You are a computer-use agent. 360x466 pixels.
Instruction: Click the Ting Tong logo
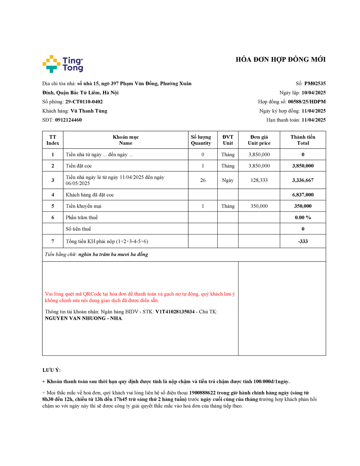pyautogui.click(x=63, y=64)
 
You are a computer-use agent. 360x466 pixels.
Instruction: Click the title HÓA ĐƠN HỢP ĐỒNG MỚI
pyautogui.click(x=280, y=60)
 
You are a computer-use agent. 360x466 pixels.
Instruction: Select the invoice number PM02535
pyautogui.click(x=315, y=84)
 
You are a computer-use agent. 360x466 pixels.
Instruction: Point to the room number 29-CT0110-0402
pyautogui.click(x=84, y=102)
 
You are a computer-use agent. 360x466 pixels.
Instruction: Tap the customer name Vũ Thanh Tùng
pyautogui.click(x=89, y=111)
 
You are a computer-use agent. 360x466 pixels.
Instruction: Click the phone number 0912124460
pyautogui.click(x=68, y=120)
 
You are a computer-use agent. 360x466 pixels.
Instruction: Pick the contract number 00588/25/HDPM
pyautogui.click(x=307, y=102)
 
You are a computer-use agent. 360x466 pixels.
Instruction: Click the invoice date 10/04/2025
pyautogui.click(x=313, y=93)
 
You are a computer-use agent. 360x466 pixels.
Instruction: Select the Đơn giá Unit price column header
pyautogui.click(x=259, y=140)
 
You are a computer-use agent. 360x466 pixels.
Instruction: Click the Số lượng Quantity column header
pyautogui.click(x=201, y=140)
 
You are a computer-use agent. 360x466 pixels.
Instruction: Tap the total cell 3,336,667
pyautogui.click(x=303, y=180)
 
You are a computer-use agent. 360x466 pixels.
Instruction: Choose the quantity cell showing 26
pyautogui.click(x=203, y=180)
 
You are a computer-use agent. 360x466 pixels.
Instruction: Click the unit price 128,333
pyautogui.click(x=259, y=180)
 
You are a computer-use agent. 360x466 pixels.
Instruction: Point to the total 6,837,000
pyautogui.click(x=303, y=195)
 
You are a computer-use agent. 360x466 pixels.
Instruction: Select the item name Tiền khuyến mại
pyautogui.click(x=84, y=206)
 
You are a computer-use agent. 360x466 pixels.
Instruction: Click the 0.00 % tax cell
pyautogui.click(x=303, y=218)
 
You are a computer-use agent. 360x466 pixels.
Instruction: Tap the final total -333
pyautogui.click(x=303, y=241)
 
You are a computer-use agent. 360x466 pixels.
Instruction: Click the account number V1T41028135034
pyautogui.click(x=175, y=312)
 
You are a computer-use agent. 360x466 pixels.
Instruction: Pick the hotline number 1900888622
pyautogui.click(x=202, y=393)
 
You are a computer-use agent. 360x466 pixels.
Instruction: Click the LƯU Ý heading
pyautogui.click(x=52, y=370)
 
